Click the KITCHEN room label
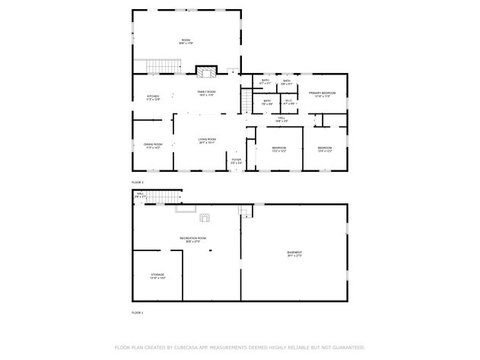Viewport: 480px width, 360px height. pyautogui.click(x=154, y=97)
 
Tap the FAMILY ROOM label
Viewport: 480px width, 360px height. pyautogui.click(x=207, y=92)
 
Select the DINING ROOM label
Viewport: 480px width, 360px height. pyautogui.click(x=154, y=145)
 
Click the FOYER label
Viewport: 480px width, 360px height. pyautogui.click(x=237, y=160)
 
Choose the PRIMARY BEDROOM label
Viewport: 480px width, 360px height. pyautogui.click(x=322, y=93)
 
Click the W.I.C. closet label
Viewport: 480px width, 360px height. pyautogui.click(x=288, y=100)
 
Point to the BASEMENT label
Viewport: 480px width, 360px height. pyautogui.click(x=294, y=253)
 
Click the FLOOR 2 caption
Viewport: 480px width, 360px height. pyautogui.click(x=137, y=183)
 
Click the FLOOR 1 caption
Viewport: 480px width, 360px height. pyautogui.click(x=137, y=312)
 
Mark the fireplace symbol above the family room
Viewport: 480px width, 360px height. pyautogui.click(x=205, y=73)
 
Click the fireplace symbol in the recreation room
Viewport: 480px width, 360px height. pyautogui.click(x=206, y=218)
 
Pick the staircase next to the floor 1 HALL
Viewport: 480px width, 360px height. pyautogui.click(x=162, y=197)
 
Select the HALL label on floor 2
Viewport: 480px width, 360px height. pyautogui.click(x=281, y=118)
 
